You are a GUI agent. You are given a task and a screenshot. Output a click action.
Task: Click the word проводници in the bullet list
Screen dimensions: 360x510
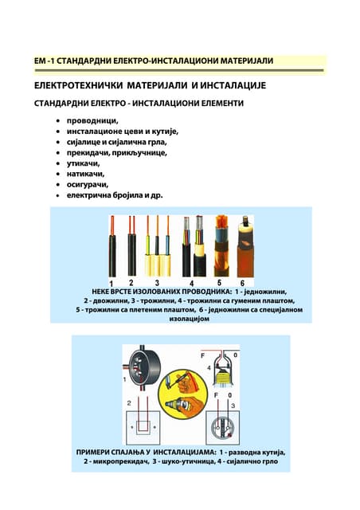point(92,120)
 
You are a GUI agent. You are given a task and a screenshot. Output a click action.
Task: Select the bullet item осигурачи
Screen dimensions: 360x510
point(88,184)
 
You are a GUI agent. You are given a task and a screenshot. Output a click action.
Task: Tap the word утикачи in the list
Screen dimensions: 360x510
point(84,163)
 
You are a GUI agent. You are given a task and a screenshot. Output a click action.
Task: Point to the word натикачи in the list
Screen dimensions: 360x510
point(85,174)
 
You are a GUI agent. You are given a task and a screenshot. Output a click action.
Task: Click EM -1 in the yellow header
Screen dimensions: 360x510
point(44,61)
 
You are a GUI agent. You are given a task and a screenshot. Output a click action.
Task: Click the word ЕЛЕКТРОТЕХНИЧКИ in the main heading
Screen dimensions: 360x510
point(78,85)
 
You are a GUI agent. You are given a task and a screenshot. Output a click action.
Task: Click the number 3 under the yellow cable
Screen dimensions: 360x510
point(157,283)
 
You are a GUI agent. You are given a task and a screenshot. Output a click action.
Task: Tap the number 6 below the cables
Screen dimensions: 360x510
point(242,283)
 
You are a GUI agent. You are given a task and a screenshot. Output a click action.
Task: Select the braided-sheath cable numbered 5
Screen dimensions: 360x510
point(221,246)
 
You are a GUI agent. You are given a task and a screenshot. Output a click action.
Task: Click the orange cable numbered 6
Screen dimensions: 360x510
point(245,247)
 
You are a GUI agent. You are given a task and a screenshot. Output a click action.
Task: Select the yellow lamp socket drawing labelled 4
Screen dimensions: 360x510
point(224,370)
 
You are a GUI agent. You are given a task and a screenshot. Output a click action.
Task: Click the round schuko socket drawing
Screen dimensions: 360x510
point(223,428)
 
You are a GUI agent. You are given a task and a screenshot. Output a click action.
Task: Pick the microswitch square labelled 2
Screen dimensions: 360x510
point(143,427)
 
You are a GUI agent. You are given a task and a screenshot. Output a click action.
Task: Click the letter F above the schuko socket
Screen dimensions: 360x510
point(216,395)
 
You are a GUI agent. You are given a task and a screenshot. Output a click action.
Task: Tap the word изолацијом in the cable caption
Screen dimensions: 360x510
point(190,319)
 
